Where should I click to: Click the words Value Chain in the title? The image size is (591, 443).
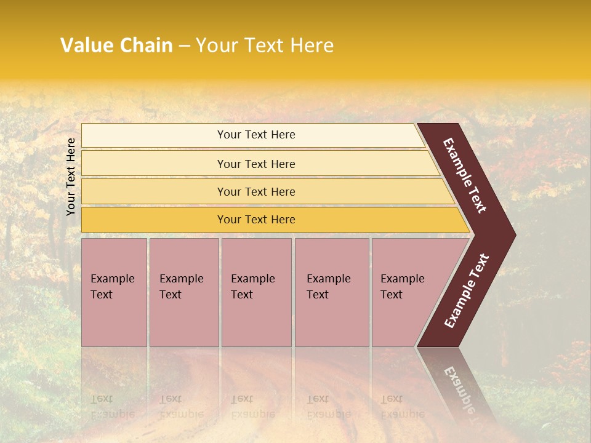coord(116,46)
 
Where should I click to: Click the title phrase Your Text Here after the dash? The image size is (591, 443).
coord(265,46)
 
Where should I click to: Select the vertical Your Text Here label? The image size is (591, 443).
coord(71,177)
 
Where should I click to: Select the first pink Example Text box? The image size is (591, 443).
coord(114,292)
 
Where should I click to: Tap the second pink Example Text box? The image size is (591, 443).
coord(183,292)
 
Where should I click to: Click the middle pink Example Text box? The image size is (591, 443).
coord(256,292)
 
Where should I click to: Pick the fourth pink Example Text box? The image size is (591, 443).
coord(332,292)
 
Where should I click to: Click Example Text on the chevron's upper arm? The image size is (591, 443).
coord(465,175)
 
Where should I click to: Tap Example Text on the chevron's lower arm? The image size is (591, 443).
coord(467,290)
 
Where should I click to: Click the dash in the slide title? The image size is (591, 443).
coord(184,46)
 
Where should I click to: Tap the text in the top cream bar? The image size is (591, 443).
coord(256,135)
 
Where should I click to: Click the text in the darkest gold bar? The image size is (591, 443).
coord(256,220)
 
